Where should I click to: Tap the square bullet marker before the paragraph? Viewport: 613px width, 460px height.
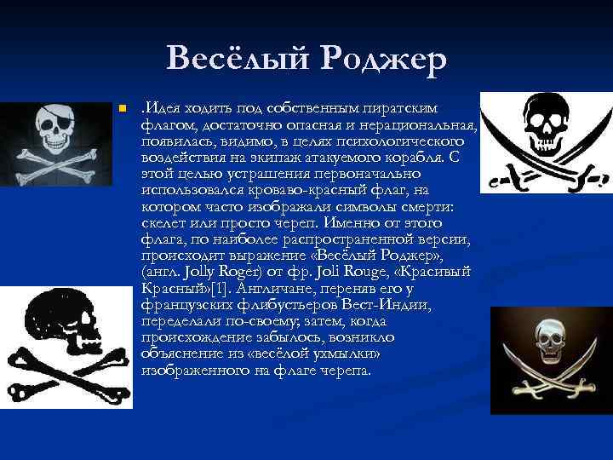click(x=123, y=109)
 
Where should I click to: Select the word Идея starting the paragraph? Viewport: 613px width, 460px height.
click(x=162, y=108)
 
